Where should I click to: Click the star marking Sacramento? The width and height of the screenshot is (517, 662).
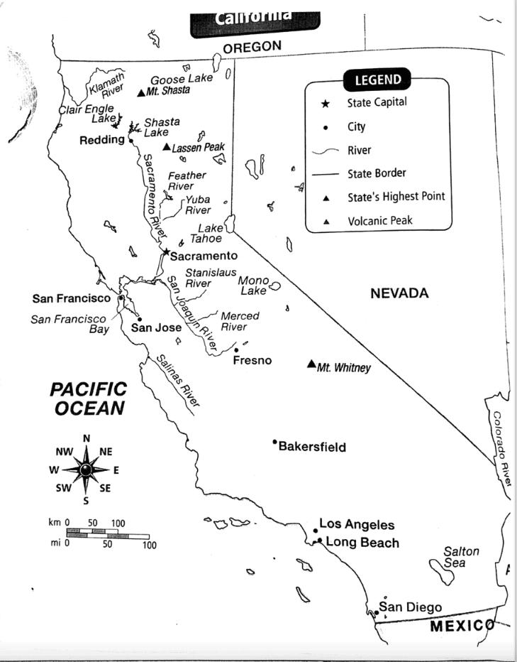(166, 252)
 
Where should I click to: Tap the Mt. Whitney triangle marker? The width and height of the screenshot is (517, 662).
(311, 364)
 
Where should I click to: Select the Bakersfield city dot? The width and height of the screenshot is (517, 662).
(274, 442)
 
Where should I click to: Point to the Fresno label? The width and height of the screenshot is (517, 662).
(252, 361)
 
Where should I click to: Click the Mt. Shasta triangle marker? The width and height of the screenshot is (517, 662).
(140, 92)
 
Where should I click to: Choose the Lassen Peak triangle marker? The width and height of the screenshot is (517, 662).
(166, 147)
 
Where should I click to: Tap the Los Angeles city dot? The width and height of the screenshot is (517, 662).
(315, 530)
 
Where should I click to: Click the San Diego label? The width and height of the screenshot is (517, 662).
(411, 607)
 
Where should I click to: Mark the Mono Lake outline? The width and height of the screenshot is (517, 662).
(274, 286)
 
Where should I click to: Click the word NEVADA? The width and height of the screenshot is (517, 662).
(400, 293)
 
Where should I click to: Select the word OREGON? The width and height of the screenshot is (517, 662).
(252, 47)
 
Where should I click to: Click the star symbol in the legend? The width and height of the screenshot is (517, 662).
(325, 104)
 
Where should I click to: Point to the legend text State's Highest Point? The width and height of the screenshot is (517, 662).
(396, 196)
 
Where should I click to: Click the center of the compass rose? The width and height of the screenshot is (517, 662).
(86, 470)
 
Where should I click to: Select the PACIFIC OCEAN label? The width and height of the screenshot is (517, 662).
(89, 398)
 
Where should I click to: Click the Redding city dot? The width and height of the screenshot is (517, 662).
(131, 140)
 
